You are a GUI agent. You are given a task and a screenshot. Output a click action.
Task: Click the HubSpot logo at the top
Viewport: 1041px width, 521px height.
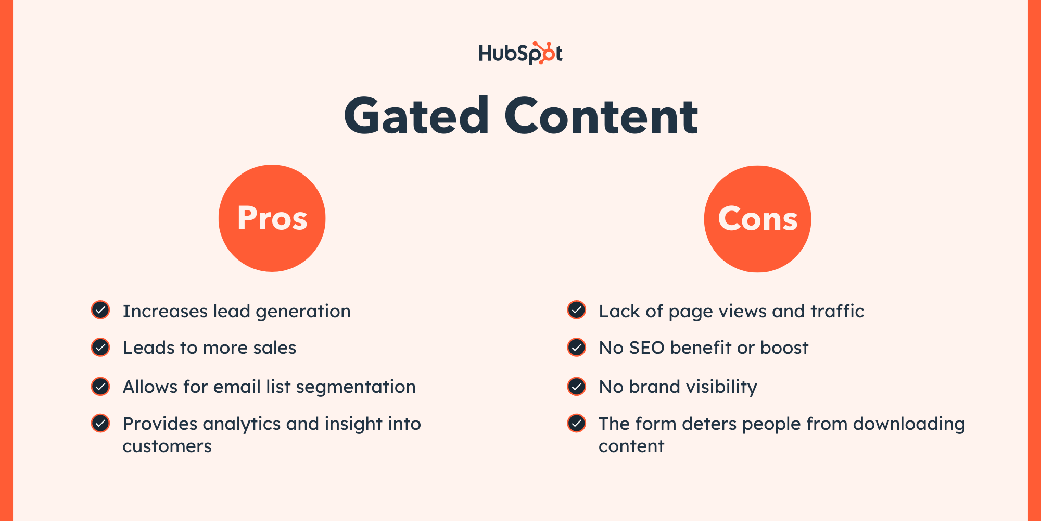point(520,53)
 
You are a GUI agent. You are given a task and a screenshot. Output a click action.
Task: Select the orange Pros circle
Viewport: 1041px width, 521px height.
point(272,218)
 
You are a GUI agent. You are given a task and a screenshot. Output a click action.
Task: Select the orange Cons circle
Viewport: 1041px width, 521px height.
point(757,219)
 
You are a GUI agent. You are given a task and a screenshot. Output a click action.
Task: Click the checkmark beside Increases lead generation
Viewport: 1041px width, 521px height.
point(100,310)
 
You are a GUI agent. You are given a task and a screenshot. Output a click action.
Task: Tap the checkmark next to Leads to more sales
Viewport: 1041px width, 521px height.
point(100,347)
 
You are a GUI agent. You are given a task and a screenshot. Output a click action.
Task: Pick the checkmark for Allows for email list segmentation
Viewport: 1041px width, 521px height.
point(100,387)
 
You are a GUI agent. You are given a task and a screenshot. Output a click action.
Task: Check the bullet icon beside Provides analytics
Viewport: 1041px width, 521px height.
point(100,423)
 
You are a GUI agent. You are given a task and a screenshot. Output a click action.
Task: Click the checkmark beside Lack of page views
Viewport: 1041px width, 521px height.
point(577,310)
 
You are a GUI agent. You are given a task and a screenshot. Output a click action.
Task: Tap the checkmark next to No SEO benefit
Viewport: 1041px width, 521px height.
point(577,347)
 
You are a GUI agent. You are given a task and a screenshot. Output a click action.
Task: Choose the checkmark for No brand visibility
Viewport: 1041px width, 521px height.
point(577,387)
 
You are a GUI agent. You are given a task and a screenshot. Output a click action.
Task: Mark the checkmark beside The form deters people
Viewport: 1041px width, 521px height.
point(577,423)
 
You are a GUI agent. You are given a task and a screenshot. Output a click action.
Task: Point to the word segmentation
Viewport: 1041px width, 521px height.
point(356,387)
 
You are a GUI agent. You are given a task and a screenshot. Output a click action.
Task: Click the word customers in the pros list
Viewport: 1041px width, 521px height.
point(167,446)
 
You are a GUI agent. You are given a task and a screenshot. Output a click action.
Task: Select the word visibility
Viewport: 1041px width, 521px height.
point(721,387)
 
